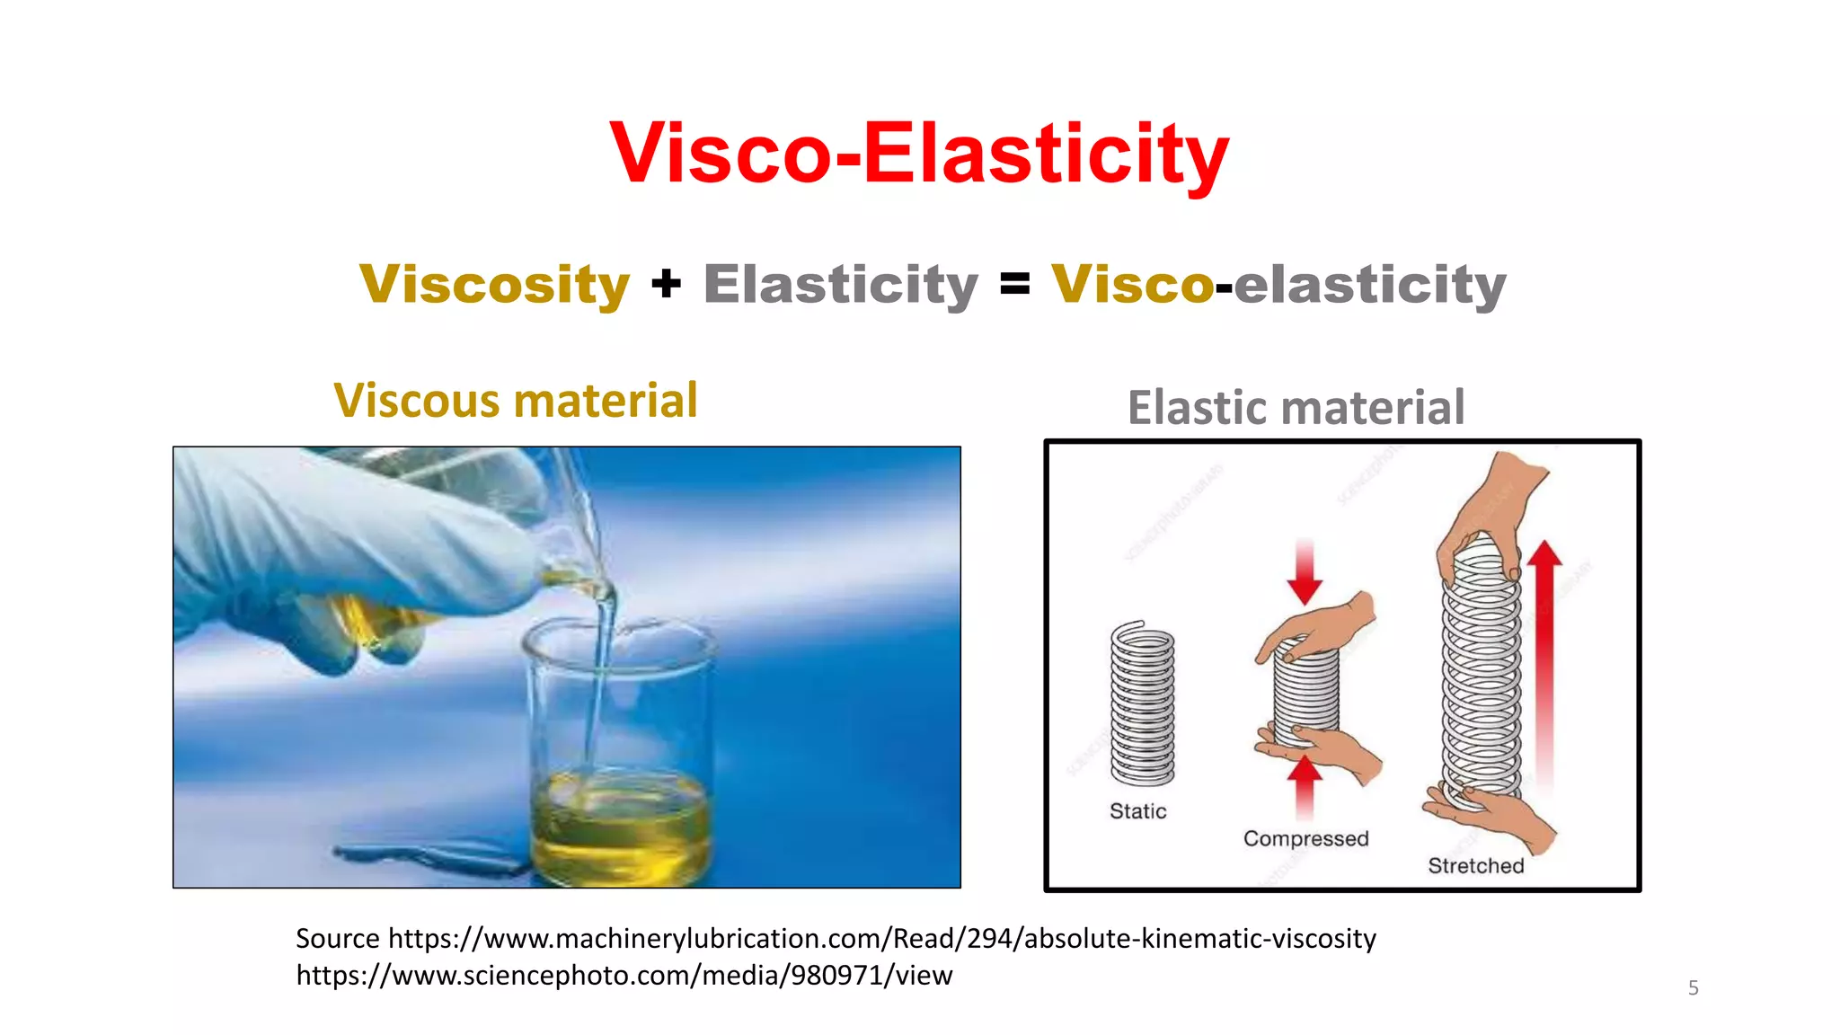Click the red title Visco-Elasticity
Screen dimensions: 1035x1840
point(918,155)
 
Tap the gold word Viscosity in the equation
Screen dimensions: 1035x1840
point(494,285)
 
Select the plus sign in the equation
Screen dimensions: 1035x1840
point(666,285)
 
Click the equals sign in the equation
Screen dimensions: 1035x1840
point(1014,285)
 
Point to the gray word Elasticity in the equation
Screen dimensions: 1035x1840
point(840,285)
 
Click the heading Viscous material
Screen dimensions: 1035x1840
point(515,401)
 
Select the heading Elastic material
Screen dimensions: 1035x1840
point(1296,408)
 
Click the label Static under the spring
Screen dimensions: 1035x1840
point(1137,811)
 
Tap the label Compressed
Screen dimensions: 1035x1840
point(1305,838)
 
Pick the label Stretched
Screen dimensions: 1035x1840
point(1475,866)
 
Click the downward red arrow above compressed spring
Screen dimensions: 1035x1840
point(1305,572)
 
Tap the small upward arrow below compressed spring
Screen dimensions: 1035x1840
point(1305,783)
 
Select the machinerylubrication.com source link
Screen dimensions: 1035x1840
point(881,939)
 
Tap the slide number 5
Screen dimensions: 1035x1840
point(1693,988)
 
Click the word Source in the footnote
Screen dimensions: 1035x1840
point(338,939)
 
